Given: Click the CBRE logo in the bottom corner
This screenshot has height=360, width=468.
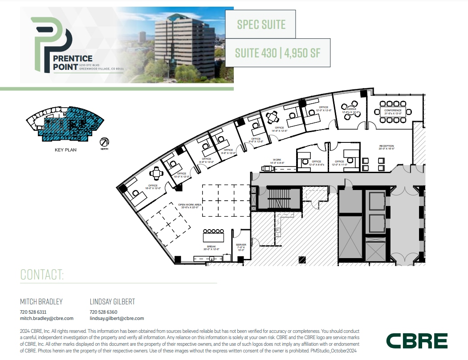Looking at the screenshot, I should tap(416, 341).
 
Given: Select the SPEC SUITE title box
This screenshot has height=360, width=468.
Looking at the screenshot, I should tap(261, 24).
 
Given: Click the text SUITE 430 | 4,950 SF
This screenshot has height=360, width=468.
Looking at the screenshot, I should tap(277, 53).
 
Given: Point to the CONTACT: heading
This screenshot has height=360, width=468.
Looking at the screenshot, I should tap(42, 275).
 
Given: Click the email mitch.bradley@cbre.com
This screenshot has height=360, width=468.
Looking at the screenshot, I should tap(47, 318).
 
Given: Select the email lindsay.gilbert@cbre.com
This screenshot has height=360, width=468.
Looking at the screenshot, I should tap(117, 318).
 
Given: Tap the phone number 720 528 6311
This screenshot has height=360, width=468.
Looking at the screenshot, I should tap(33, 312).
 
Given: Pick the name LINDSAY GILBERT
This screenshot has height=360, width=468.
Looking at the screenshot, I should tap(112, 302).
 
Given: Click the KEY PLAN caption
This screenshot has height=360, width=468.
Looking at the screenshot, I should tap(65, 150).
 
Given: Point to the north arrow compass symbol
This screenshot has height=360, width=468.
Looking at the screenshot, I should tap(105, 142).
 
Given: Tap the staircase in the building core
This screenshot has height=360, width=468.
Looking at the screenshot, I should tap(278, 198).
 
